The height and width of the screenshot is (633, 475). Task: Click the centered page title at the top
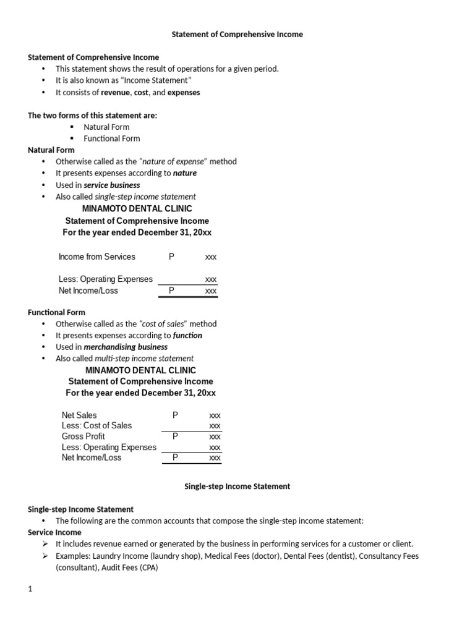(x=237, y=35)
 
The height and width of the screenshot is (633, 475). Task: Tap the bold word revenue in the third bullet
(x=116, y=92)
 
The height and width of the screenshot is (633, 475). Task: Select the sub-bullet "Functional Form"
(x=112, y=138)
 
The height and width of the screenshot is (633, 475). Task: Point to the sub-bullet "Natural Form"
(x=106, y=127)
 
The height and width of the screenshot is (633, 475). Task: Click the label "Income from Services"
(x=96, y=257)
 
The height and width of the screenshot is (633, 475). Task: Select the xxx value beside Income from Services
(x=211, y=257)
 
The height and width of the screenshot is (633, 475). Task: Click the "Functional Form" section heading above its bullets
(x=57, y=312)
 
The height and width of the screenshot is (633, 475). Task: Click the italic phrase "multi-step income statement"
(x=144, y=359)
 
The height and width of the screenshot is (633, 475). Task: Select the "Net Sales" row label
(x=79, y=415)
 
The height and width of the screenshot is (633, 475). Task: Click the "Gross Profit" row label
(x=83, y=436)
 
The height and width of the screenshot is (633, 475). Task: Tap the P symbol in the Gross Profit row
(x=175, y=436)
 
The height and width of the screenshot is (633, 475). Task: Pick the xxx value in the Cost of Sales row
(x=215, y=426)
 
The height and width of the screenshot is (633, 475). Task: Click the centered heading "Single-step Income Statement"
(x=237, y=486)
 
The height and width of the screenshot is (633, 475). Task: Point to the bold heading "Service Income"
(x=54, y=532)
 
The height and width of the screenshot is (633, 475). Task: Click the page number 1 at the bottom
(x=30, y=589)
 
